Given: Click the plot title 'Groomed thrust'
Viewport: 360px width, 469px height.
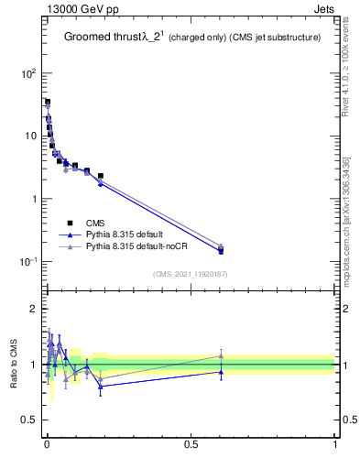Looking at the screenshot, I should (102, 38).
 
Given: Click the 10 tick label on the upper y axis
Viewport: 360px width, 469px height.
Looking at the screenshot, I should (30, 136).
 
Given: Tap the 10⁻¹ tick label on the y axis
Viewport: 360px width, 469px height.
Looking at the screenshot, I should (28, 262).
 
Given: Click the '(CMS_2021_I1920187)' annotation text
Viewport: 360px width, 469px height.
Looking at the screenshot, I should (190, 273).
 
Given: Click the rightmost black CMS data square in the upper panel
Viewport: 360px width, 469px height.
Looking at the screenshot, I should (221, 248).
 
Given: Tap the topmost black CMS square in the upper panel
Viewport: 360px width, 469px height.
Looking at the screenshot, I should (48, 102).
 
